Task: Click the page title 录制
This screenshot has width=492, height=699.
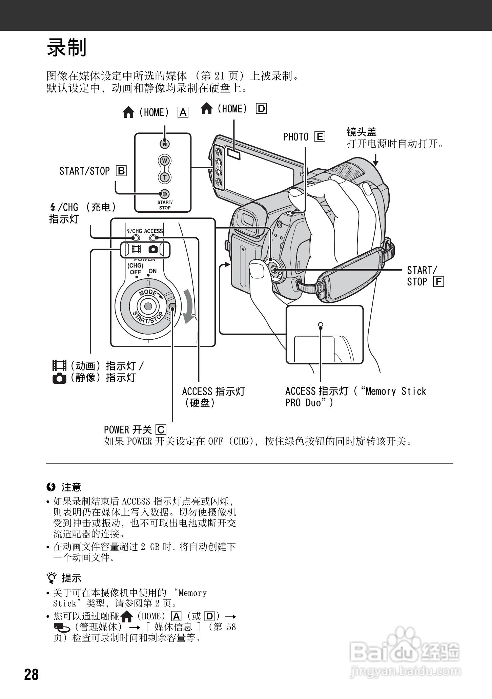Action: coord(67,47)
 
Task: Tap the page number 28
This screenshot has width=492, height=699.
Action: coord(32,674)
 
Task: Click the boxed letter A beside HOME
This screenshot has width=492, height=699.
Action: coord(183,112)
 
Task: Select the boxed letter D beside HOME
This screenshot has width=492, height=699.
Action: coord(261,109)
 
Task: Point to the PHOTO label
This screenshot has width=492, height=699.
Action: coord(296,137)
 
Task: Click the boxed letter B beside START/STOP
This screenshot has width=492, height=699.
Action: coord(121,171)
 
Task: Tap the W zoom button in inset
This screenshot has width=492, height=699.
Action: coord(165,161)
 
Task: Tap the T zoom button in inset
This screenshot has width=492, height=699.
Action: coord(165,177)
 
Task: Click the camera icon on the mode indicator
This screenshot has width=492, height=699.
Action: coord(153,249)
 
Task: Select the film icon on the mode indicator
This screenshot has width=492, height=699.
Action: coord(136,250)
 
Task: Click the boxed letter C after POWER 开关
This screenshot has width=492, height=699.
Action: coord(161,429)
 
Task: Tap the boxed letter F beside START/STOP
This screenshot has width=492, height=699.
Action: coord(438,282)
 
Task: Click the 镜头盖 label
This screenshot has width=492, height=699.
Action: coord(361,132)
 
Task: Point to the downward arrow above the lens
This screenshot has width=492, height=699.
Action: coord(375,159)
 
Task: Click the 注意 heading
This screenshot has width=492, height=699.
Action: coord(71,487)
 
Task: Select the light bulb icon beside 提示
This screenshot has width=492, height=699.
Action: coord(52,578)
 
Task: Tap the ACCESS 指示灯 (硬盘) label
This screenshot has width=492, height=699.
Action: coord(213,397)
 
